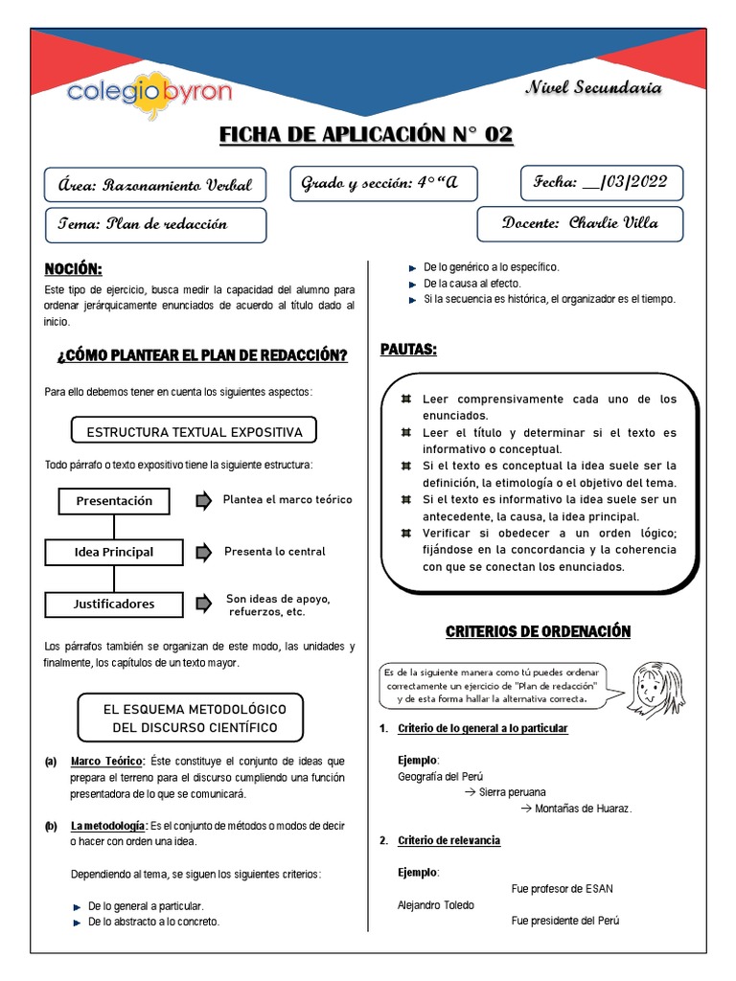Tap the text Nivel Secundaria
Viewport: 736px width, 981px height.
[593, 87]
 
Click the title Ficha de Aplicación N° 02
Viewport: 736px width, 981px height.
[366, 135]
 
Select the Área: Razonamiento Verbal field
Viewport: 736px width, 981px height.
[156, 186]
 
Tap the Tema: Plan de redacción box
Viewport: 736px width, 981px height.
[156, 224]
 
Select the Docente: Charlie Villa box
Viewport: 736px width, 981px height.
[580, 223]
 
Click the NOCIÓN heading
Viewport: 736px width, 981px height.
[73, 268]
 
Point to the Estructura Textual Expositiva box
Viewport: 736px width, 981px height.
[195, 432]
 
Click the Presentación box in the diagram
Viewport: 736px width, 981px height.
[114, 501]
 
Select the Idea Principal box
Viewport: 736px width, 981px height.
[114, 552]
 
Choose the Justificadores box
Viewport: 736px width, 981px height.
[114, 604]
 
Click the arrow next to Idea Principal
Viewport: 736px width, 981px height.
[202, 552]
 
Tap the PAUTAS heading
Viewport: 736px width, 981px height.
[408, 350]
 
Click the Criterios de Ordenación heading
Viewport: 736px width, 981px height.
[538, 631]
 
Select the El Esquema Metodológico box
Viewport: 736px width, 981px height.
[195, 718]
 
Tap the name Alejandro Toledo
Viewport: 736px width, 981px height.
[435, 904]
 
